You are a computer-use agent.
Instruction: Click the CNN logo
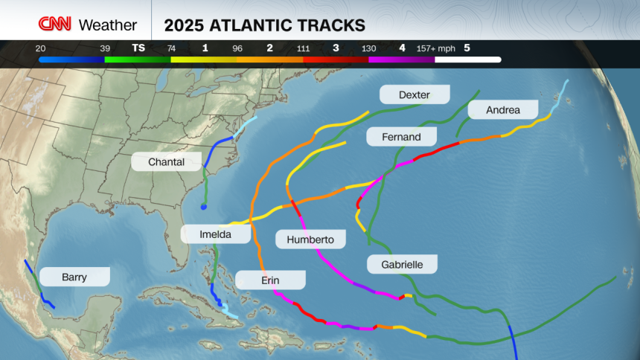click(x=56, y=25)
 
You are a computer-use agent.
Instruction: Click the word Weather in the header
click(x=108, y=25)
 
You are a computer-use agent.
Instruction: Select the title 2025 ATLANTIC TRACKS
click(x=266, y=25)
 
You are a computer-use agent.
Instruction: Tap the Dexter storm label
click(x=415, y=94)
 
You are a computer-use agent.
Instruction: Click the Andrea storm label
click(x=502, y=110)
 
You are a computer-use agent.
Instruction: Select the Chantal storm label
click(x=167, y=161)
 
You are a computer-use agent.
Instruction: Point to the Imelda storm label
click(x=215, y=234)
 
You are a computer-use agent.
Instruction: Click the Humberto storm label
click(x=310, y=239)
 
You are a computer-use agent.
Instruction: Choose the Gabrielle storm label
click(x=402, y=264)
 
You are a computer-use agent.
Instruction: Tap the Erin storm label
click(x=270, y=280)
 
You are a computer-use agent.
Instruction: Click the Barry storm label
click(x=74, y=277)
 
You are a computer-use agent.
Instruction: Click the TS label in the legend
click(x=138, y=48)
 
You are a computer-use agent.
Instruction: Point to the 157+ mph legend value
click(x=435, y=48)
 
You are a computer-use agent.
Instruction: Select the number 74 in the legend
click(x=171, y=48)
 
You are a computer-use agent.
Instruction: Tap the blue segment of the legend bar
click(x=71, y=60)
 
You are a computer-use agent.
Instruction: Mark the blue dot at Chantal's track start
click(x=203, y=207)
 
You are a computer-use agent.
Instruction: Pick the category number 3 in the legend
click(x=336, y=48)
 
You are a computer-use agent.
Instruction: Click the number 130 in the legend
click(x=368, y=48)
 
